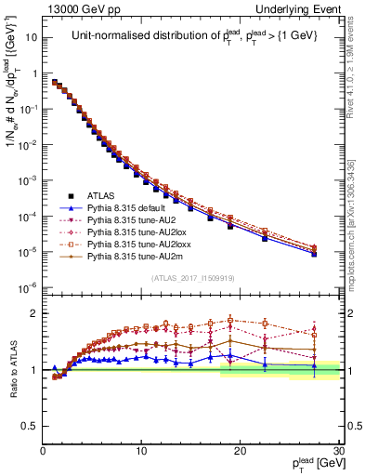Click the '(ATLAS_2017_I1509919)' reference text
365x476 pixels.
192,277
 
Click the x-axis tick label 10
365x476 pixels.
141,450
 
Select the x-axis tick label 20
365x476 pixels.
240,450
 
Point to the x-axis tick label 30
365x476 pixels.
338,450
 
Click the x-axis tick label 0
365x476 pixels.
44,450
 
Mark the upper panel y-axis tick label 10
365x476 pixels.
30,38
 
